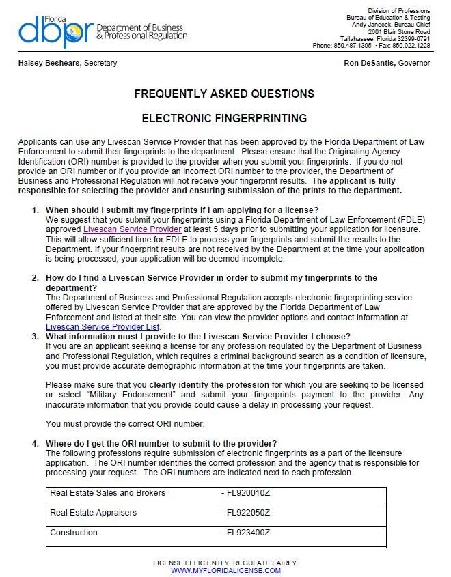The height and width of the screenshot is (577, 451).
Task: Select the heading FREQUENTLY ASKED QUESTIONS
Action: pos(224,94)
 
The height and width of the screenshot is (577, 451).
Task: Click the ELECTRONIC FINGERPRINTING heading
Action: pos(224,118)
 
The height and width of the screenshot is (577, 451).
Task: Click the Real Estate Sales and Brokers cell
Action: pos(108,493)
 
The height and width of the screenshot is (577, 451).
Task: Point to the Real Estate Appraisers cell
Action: pos(94,513)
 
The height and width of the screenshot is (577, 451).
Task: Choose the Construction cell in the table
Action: pos(73,533)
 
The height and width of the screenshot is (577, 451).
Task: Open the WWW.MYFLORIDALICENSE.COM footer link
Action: pos(225,570)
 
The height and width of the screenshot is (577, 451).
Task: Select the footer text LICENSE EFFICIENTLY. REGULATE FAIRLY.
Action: pos(225,563)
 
